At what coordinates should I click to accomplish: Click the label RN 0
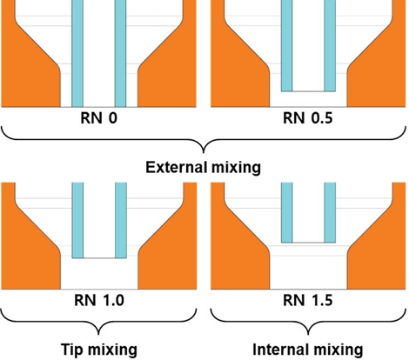[99, 118]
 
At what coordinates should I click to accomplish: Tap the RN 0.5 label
[308, 118]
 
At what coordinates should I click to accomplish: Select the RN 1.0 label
[99, 300]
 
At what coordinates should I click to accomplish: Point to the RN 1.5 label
[308, 300]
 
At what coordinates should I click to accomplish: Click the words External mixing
[203, 168]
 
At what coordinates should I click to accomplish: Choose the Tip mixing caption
[99, 350]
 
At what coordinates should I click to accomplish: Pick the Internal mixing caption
[308, 350]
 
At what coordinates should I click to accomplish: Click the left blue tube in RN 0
[77, 54]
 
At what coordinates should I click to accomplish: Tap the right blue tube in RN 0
[121, 54]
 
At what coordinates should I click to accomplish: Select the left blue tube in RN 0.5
[287, 46]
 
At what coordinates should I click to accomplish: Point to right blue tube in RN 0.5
[330, 46]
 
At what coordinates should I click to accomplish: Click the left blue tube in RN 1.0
[77, 220]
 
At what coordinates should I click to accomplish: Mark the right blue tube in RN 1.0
[121, 220]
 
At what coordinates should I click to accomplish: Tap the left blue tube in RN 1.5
[287, 212]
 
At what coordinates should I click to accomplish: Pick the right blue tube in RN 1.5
[330, 212]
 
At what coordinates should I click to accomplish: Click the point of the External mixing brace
[204, 152]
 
